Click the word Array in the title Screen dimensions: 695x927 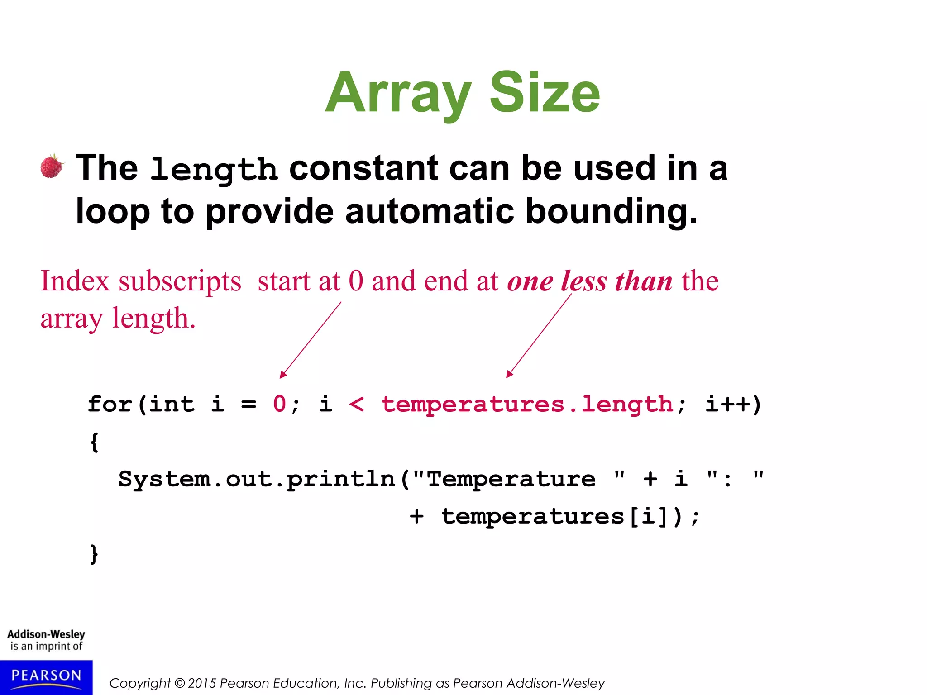click(398, 94)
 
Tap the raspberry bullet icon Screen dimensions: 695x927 click(52, 167)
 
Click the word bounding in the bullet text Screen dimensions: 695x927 click(611, 212)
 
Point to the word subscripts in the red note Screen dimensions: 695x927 click(180, 281)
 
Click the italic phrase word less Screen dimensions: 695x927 click(583, 281)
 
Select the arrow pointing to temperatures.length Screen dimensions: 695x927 click(539, 336)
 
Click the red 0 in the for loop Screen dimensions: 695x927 click(279, 404)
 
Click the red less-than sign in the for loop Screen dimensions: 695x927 click(357, 404)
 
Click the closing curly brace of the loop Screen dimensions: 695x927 click(94, 554)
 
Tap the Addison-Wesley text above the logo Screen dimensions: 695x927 click(46, 634)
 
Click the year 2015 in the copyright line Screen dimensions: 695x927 click(202, 683)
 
